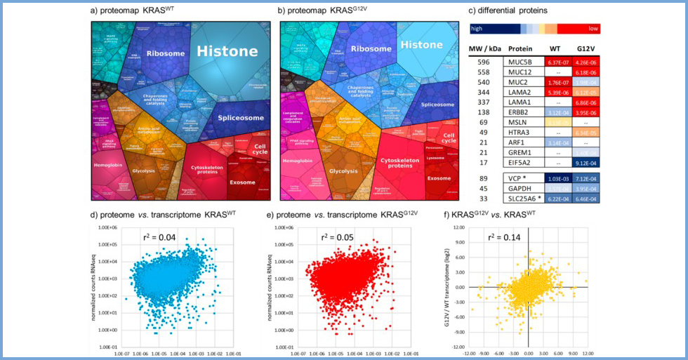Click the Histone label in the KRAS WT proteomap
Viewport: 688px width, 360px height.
pos(227,51)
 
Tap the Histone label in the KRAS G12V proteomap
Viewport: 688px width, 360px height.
pos(421,45)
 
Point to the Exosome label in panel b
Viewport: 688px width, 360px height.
pos(439,178)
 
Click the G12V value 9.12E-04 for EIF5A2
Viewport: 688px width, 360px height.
pos(586,163)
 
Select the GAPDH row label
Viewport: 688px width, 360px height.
pos(520,190)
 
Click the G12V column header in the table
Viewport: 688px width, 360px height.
pos(586,48)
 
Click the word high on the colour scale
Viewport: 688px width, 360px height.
pos(477,29)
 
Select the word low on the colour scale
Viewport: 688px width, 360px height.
pos(593,29)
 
